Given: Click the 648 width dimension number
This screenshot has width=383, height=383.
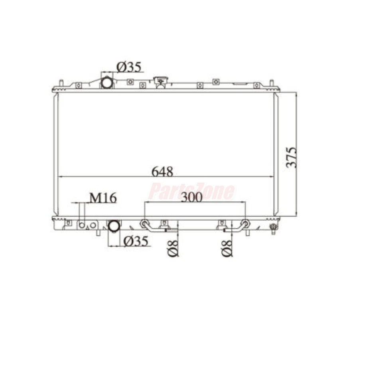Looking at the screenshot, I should [x=162, y=172].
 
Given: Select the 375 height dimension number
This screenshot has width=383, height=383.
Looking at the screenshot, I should [x=292, y=157].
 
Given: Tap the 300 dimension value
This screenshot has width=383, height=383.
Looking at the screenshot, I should [x=191, y=197].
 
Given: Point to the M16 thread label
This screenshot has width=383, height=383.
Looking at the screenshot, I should [x=103, y=197].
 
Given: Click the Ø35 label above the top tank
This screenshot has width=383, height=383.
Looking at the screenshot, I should [x=128, y=67].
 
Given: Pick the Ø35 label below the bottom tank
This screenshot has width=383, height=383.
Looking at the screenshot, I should [x=135, y=241].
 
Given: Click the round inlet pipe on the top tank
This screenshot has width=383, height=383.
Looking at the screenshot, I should [x=107, y=83].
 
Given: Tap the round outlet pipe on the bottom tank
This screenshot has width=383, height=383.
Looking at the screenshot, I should [x=114, y=226].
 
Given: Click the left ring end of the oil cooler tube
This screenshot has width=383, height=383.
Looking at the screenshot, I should [x=144, y=223].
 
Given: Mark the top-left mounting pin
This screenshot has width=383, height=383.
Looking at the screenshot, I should [x=61, y=83].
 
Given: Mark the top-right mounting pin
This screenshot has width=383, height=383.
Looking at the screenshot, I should [x=271, y=83].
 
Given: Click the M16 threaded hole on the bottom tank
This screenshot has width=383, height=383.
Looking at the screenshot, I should [x=82, y=225].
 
